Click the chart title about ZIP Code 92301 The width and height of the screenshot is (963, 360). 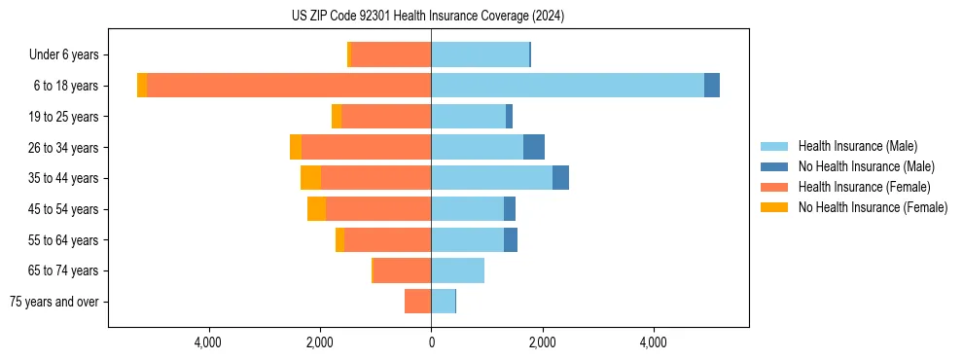(x=428, y=17)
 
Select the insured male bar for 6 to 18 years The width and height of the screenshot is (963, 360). (x=567, y=86)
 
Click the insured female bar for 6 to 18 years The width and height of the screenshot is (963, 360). (x=289, y=86)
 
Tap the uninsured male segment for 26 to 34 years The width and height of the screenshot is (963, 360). (x=534, y=147)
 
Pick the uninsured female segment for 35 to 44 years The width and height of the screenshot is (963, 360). (x=310, y=178)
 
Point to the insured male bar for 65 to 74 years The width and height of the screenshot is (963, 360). (x=457, y=270)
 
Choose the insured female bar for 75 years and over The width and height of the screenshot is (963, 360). (x=418, y=302)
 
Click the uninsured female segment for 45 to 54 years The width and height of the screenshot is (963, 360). (x=316, y=209)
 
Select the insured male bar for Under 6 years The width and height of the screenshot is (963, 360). (x=480, y=54)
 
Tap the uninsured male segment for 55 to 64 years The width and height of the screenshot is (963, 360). (x=511, y=240)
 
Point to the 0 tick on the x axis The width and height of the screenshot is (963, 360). (x=431, y=342)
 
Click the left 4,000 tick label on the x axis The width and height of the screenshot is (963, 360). (x=208, y=342)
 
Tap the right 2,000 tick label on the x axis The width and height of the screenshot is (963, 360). (x=542, y=342)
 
